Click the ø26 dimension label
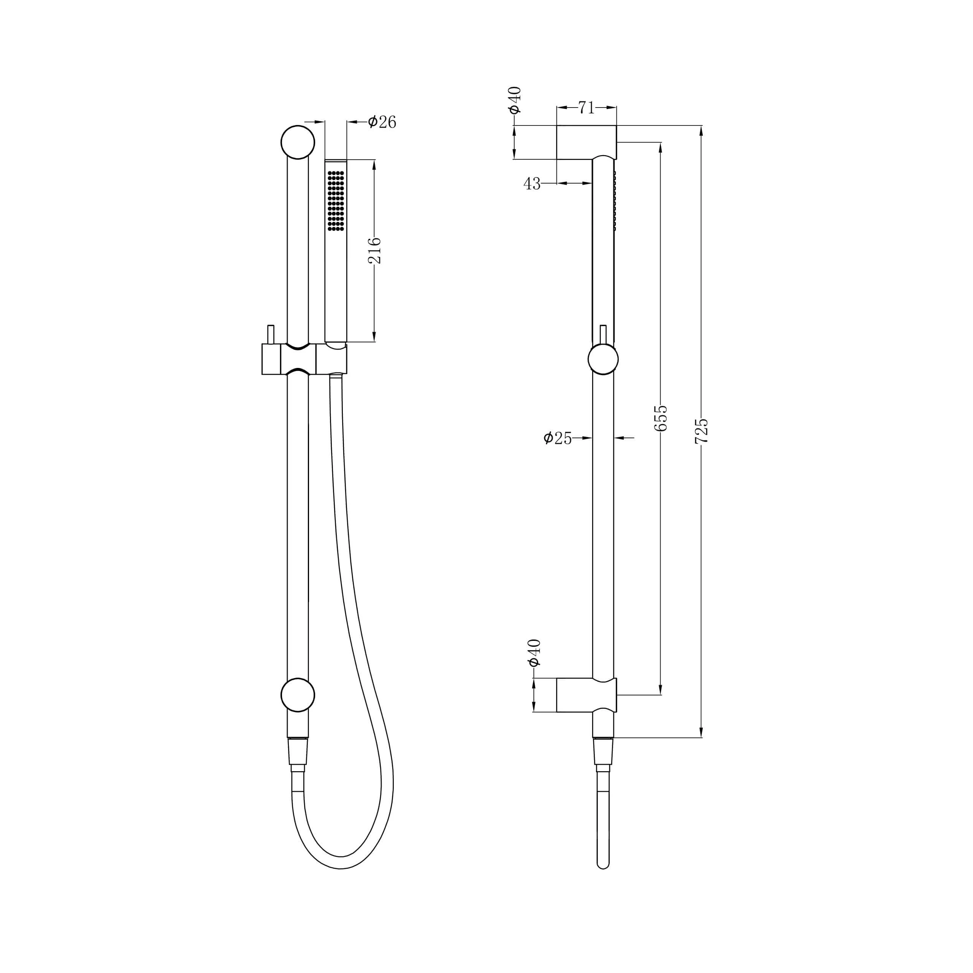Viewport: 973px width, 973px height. [382, 122]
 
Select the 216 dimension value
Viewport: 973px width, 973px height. [375, 251]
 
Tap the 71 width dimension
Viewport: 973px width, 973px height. [586, 107]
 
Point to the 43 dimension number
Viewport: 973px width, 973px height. [532, 184]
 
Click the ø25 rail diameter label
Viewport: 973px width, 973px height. [558, 438]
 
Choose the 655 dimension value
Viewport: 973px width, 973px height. [661, 418]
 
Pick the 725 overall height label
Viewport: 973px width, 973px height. [702, 431]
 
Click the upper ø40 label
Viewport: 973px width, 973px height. [515, 100]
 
